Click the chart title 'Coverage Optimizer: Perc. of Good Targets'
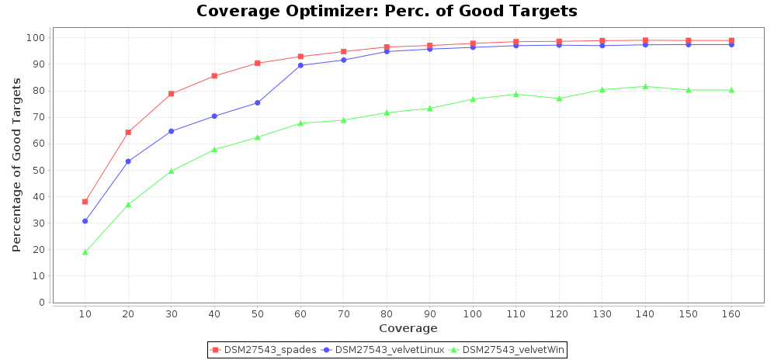click(x=387, y=11)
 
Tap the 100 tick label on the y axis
click(x=36, y=38)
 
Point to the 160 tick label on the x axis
click(x=731, y=314)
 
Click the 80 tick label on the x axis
click(x=386, y=314)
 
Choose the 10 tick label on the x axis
click(x=85, y=314)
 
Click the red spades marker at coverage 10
click(x=85, y=202)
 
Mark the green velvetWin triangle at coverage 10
click(x=85, y=252)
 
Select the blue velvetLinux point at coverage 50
click(x=257, y=102)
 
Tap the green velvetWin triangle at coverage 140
click(x=644, y=86)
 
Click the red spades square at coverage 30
click(x=171, y=94)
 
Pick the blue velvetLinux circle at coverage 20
click(x=128, y=161)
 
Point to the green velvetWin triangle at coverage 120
click(x=558, y=99)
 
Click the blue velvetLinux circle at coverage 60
click(x=300, y=65)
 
